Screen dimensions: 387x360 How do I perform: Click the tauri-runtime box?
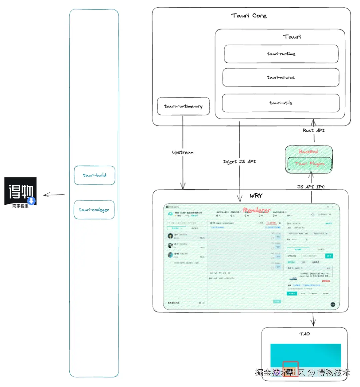tap(281, 54)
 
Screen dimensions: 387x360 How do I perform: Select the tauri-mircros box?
tap(281, 77)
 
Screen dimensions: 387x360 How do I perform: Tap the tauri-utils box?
tap(281, 103)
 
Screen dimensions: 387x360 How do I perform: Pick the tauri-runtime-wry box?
tap(183, 106)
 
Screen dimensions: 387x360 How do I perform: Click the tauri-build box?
tap(94, 175)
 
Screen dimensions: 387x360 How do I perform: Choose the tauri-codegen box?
tap(94, 210)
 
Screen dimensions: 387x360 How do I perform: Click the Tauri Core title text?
tap(249, 16)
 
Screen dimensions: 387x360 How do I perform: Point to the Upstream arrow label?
tap(183, 152)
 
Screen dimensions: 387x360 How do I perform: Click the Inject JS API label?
tap(239, 161)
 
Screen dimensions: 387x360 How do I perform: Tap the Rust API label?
tap(313, 130)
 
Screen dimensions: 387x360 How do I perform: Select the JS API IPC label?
tap(311, 187)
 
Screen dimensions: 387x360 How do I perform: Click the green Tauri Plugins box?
tap(310, 164)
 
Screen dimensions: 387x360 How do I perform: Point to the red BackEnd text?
tap(308, 152)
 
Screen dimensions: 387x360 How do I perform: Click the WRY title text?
tap(256, 196)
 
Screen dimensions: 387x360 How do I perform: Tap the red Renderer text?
tap(257, 210)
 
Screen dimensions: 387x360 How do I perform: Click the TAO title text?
tap(304, 334)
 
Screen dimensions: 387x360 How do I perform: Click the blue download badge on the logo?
tap(32, 201)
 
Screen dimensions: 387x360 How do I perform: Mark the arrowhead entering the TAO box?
tap(313, 324)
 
